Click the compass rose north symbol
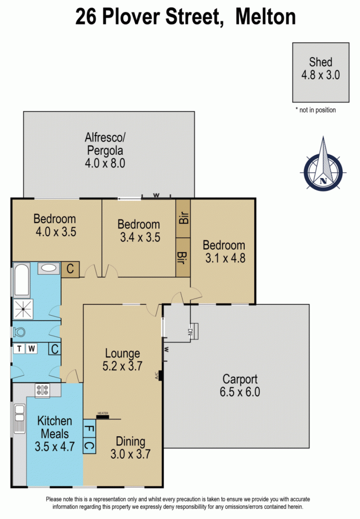(323, 164)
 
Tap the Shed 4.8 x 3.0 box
(320, 72)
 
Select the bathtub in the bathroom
(22, 279)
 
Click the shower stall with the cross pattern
(23, 309)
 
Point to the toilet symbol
(19, 331)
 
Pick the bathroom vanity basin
(49, 268)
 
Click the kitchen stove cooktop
(42, 390)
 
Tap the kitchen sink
(19, 418)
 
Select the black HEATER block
(103, 416)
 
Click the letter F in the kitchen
(89, 429)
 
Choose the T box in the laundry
(19, 349)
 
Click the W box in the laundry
(31, 349)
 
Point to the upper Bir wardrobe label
(183, 218)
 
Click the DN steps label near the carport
(190, 332)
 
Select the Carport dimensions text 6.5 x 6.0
(240, 392)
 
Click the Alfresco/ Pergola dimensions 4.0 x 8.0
(105, 163)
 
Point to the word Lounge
(122, 354)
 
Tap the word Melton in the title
(265, 17)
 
